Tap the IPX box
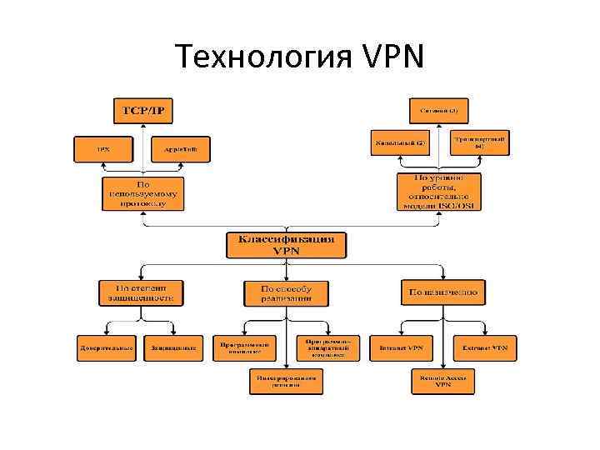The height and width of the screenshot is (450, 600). click(x=103, y=150)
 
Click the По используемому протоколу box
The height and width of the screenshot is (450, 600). click(x=144, y=193)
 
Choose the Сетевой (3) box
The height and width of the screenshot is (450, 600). click(x=438, y=110)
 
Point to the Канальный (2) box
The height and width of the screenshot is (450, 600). click(x=399, y=142)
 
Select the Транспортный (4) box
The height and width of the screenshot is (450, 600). click(x=479, y=142)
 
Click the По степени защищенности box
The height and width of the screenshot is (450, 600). click(x=140, y=292)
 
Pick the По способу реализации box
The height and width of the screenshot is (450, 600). click(x=286, y=292)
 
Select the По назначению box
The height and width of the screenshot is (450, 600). click(x=442, y=292)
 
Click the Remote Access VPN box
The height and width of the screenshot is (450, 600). click(x=442, y=381)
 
